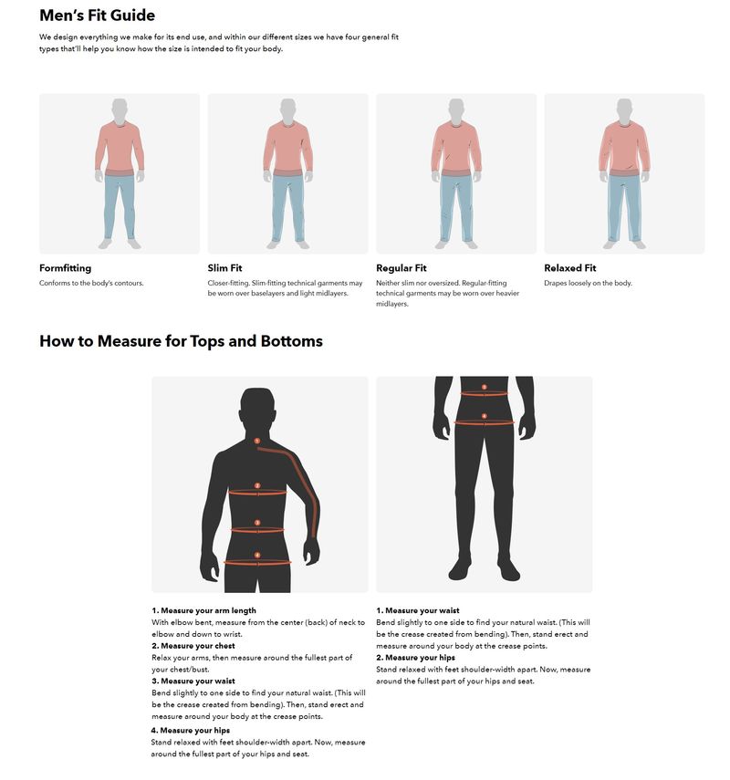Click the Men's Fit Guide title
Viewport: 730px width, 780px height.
click(x=97, y=16)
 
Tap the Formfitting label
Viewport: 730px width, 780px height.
click(x=65, y=268)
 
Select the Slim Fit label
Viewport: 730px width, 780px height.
click(x=224, y=268)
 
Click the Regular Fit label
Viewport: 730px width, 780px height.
click(x=401, y=268)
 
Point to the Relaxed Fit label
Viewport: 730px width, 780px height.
click(x=569, y=268)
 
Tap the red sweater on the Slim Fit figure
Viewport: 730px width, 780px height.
click(x=287, y=146)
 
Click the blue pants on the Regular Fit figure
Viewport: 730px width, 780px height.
click(x=455, y=205)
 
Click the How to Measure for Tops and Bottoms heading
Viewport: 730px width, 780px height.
click(x=181, y=341)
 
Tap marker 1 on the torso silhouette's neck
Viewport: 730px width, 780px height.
click(x=257, y=442)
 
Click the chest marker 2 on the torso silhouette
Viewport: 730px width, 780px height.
click(x=257, y=486)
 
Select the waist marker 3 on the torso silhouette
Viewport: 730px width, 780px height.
click(x=257, y=523)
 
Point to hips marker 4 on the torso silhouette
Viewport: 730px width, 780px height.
click(x=257, y=555)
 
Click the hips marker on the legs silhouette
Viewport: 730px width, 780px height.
click(x=485, y=417)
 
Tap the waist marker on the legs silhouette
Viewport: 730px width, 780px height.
click(x=485, y=388)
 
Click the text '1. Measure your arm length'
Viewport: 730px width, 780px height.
click(x=203, y=610)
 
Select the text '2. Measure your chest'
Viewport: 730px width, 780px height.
click(x=193, y=646)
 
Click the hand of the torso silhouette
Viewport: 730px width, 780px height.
click(x=312, y=551)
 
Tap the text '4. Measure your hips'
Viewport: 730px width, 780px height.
click(x=191, y=730)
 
